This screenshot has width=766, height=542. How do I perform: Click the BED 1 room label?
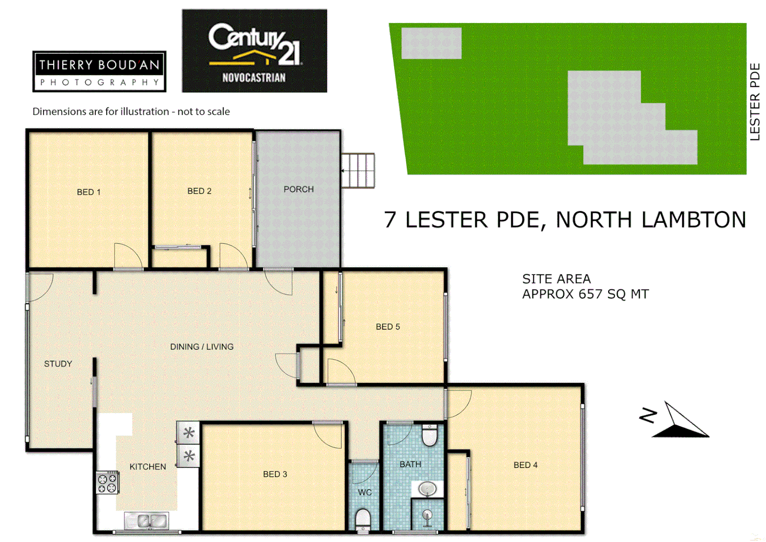89,192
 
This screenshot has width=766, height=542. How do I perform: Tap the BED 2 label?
199,191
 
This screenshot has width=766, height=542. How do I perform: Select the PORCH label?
298,189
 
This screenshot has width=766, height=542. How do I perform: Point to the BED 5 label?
388,327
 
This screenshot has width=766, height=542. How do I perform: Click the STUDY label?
58,364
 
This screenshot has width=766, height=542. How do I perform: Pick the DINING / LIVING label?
202,347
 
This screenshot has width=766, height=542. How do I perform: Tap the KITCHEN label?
147,467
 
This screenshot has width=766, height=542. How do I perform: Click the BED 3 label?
275,474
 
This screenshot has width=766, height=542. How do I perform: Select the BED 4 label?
525,465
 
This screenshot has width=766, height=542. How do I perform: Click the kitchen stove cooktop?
107,483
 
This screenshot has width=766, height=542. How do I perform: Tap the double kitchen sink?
146,521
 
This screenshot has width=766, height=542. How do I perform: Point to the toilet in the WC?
362,519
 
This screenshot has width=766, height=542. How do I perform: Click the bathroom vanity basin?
427,488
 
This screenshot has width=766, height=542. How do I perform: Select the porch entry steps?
358,171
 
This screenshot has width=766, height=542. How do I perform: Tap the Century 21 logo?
254,51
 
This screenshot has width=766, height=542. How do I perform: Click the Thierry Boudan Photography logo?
99,71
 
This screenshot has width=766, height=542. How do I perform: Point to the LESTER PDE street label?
754,101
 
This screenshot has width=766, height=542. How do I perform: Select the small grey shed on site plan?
431,43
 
